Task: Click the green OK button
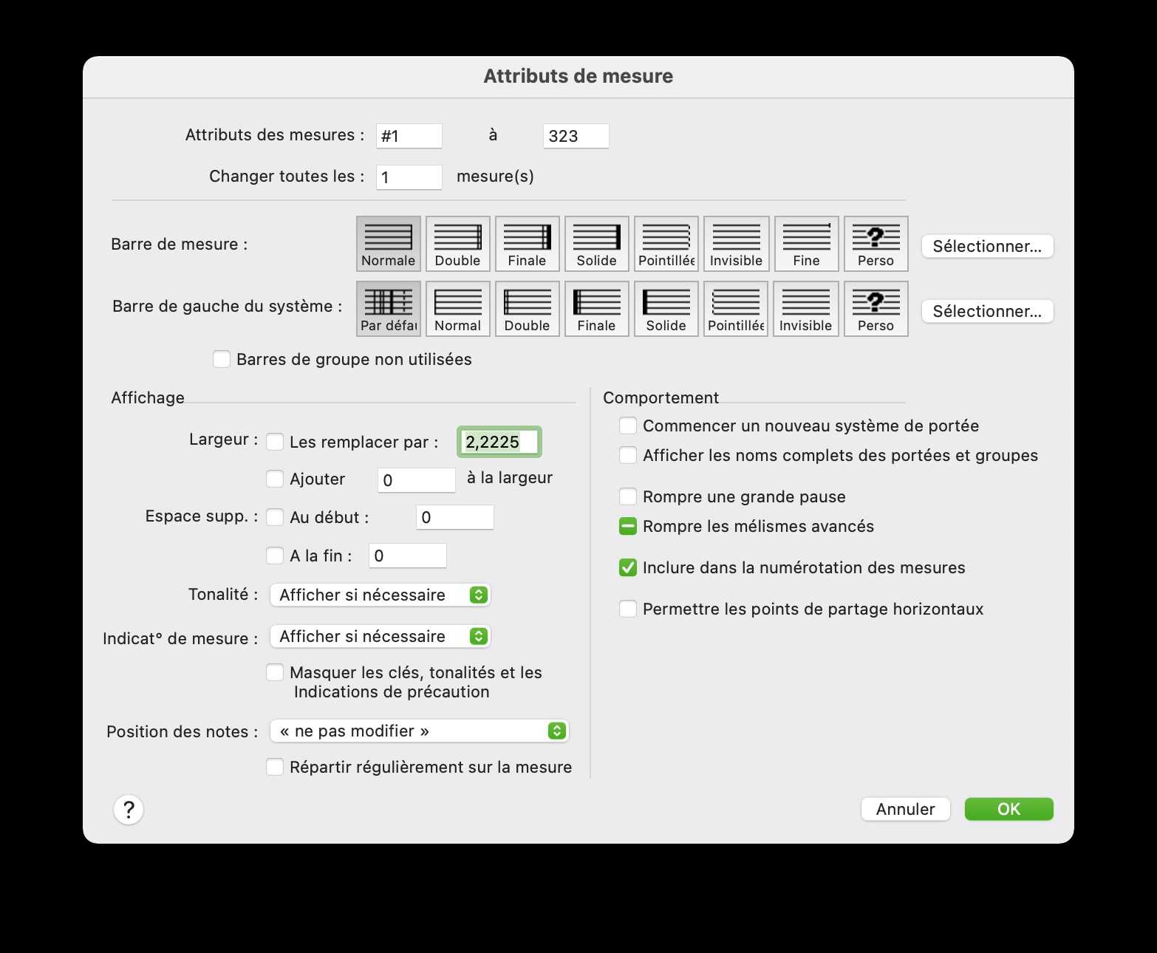pyautogui.click(x=1008, y=809)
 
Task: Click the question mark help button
pyautogui.click(x=129, y=810)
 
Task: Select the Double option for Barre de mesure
pyautogui.click(x=458, y=244)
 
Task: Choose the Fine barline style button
pyautogui.click(x=806, y=244)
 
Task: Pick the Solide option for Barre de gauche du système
pyautogui.click(x=666, y=309)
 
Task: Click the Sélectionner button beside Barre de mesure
pyautogui.click(x=987, y=246)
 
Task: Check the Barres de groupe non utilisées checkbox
pyautogui.click(x=222, y=359)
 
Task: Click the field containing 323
pyautogui.click(x=576, y=136)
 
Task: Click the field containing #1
pyautogui.click(x=409, y=136)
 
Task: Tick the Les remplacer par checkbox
pyautogui.click(x=275, y=442)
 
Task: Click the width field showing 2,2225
pyautogui.click(x=499, y=442)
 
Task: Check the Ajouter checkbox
pyautogui.click(x=275, y=479)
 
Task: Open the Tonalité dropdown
pyautogui.click(x=380, y=595)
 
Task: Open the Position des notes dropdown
pyautogui.click(x=419, y=731)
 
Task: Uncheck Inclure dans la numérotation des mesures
pyautogui.click(x=628, y=567)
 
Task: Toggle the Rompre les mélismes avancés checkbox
pyautogui.click(x=628, y=526)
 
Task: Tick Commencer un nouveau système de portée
pyautogui.click(x=628, y=426)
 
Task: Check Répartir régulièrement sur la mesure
pyautogui.click(x=275, y=767)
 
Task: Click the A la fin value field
pyautogui.click(x=407, y=556)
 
